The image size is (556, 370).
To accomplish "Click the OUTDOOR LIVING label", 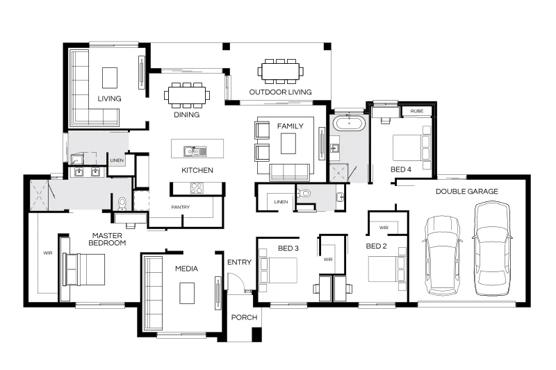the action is (280, 92).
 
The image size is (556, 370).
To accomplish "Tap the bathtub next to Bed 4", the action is (350, 124).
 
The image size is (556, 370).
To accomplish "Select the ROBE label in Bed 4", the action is (417, 111).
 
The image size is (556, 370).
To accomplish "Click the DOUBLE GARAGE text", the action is (466, 191).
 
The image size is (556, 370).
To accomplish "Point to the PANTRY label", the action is (181, 207).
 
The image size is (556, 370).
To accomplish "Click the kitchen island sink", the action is (195, 151).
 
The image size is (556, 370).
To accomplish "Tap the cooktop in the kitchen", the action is (197, 187).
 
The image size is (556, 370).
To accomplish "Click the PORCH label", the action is (244, 317).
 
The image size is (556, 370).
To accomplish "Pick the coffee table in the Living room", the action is (110, 78).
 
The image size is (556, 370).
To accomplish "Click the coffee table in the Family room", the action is (288, 144).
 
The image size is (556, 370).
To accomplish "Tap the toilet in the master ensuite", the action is (122, 204).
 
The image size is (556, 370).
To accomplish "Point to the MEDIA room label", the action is (186, 269).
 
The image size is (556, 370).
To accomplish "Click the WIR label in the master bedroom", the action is (48, 253).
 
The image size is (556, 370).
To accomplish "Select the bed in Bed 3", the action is (279, 270).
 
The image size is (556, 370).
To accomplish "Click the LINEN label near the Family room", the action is (281, 202).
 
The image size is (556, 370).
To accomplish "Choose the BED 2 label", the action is (376, 246).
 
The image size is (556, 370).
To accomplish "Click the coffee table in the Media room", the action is (187, 293).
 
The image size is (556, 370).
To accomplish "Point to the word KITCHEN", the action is (197, 170).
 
